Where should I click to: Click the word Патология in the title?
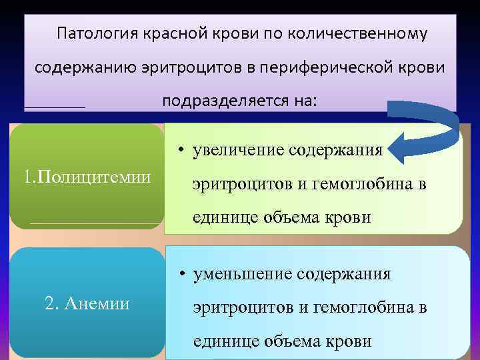tap(95, 34)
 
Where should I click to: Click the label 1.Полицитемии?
tap(87, 177)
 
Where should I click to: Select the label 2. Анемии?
tap(87, 303)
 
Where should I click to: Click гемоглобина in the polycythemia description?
tap(359, 184)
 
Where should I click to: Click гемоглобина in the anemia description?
tap(359, 308)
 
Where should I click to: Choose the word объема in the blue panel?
tap(295, 341)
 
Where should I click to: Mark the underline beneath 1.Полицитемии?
tap(95, 223)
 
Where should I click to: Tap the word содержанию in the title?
tap(73, 68)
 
